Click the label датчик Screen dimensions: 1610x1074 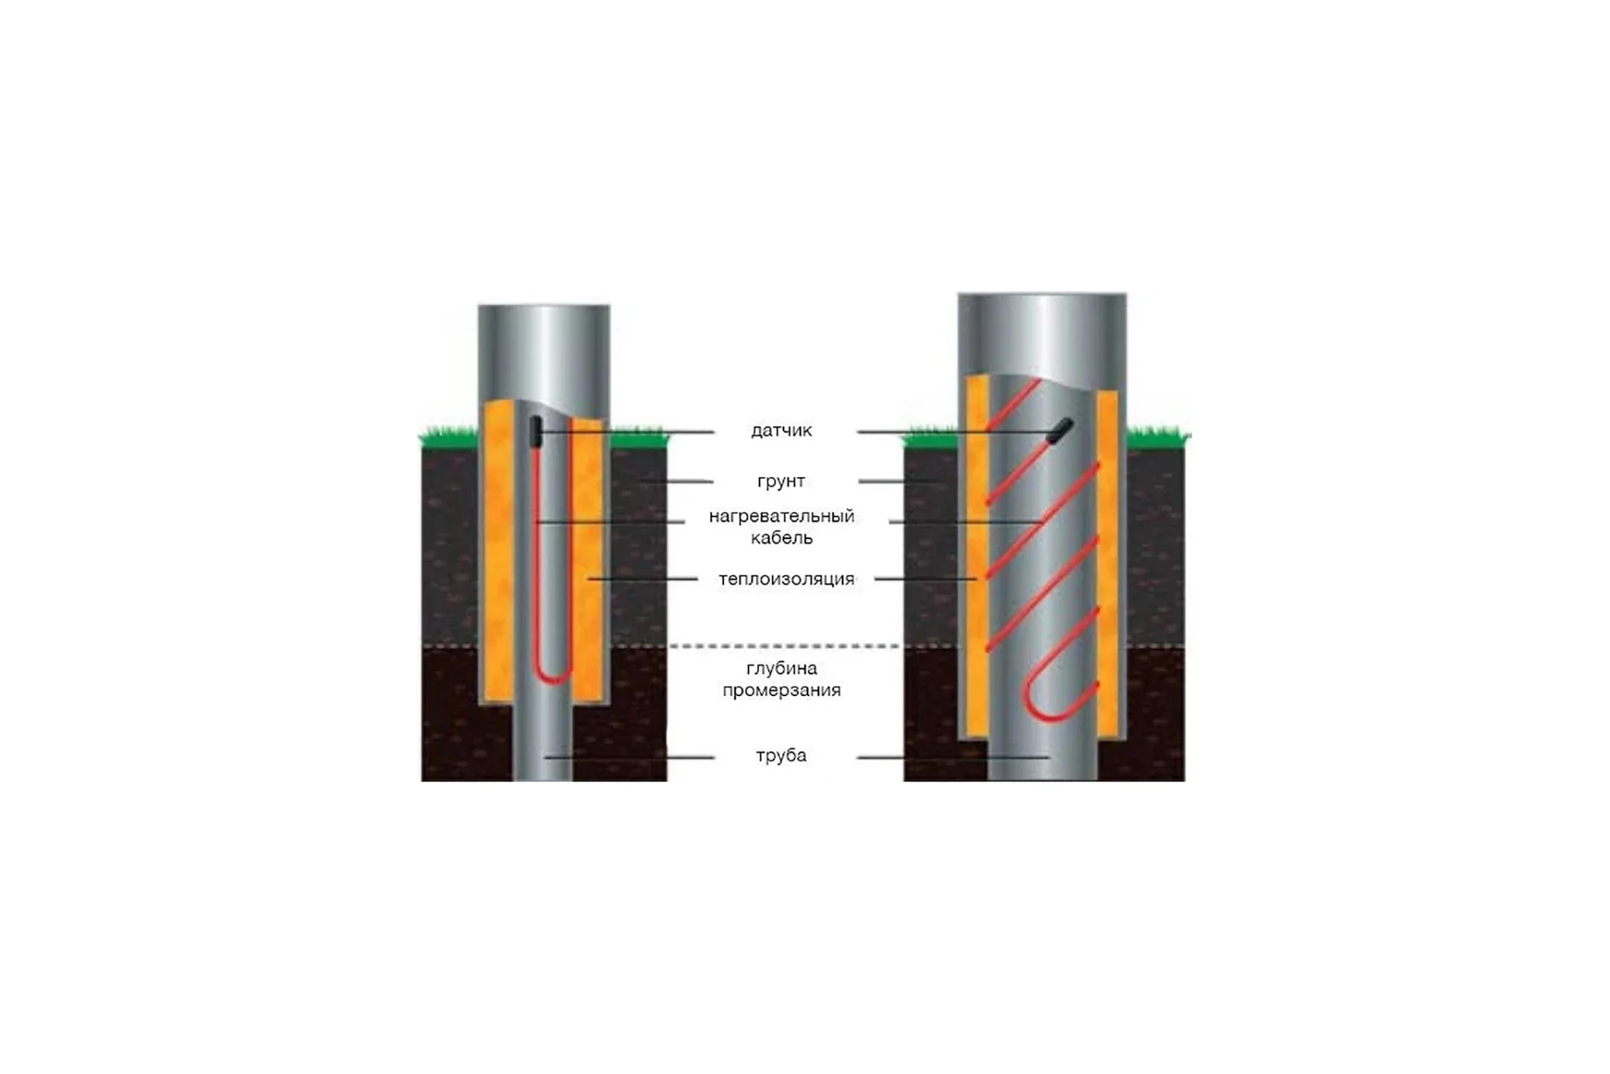point(781,431)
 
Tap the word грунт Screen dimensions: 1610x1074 point(781,481)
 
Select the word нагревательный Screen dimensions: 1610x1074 point(782,516)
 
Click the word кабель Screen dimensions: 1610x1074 point(782,538)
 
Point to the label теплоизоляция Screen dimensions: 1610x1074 point(786,579)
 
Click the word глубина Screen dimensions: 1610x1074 point(782,669)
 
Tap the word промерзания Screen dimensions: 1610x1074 point(782,691)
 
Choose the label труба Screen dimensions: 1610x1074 point(781,756)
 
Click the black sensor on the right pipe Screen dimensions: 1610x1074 point(1062,430)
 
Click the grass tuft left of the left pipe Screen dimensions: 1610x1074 point(448,437)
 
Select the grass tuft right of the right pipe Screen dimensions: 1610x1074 point(1159,437)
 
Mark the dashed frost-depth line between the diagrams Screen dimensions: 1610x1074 point(785,646)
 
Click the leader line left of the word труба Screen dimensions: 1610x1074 point(630,758)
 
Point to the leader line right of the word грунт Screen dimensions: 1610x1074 point(899,482)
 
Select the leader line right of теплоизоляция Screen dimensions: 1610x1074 point(926,579)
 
